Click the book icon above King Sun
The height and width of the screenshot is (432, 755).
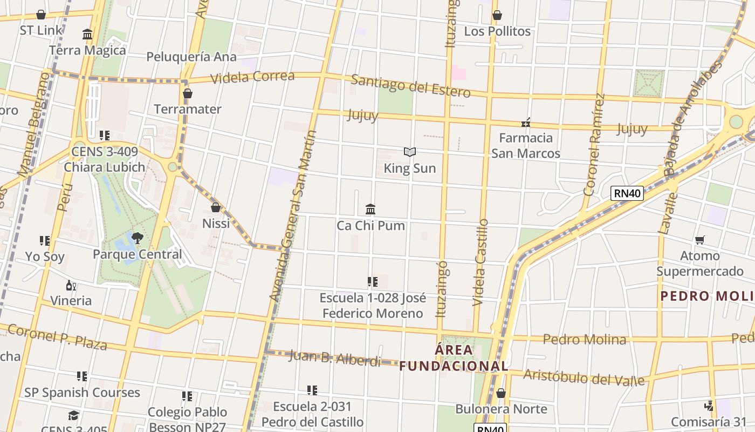click(x=410, y=152)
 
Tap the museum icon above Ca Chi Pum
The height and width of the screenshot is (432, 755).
click(x=370, y=209)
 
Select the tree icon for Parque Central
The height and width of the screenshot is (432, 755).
click(x=138, y=238)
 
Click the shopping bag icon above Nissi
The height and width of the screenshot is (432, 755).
click(x=216, y=207)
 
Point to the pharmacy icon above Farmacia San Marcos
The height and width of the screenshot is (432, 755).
click(x=526, y=123)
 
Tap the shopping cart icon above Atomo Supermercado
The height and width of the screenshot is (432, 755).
click(x=700, y=239)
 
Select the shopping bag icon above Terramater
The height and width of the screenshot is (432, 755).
click(x=188, y=93)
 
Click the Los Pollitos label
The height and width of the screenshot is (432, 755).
click(x=497, y=31)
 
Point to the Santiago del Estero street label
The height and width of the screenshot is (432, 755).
click(x=410, y=86)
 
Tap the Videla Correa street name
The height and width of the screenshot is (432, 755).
click(x=252, y=77)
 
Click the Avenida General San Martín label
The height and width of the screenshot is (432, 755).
click(x=293, y=216)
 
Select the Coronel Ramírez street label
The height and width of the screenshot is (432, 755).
click(x=594, y=145)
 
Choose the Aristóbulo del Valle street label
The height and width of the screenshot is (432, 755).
click(x=584, y=377)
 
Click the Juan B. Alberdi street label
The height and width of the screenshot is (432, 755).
click(x=335, y=357)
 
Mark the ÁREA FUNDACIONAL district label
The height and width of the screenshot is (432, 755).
click(x=454, y=357)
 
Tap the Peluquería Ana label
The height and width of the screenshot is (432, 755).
click(x=191, y=57)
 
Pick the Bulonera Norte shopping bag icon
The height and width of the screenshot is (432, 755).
click(x=501, y=393)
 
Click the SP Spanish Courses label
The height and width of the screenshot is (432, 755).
click(x=82, y=393)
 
